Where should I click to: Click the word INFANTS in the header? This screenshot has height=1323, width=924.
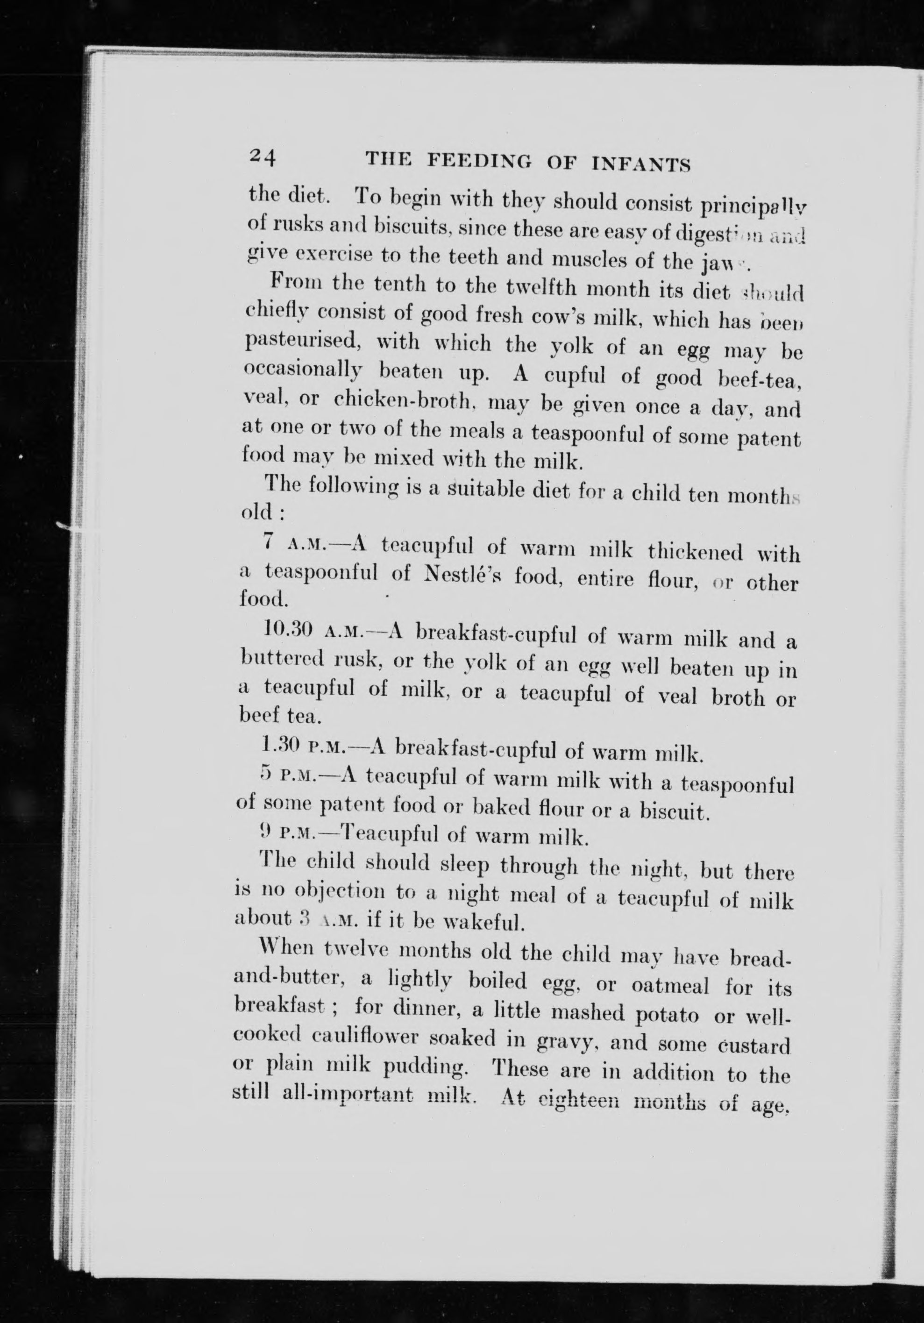pos(642,165)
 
